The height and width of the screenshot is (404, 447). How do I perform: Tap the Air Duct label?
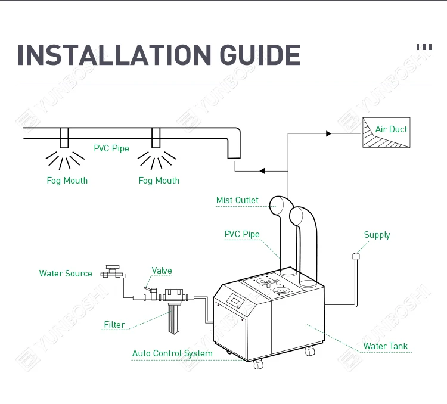point(392,129)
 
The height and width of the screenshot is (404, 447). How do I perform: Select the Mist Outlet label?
point(237,200)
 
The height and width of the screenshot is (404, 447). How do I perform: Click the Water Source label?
point(66,274)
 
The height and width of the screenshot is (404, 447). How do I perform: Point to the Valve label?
point(162,271)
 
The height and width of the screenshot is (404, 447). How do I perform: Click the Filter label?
point(114,325)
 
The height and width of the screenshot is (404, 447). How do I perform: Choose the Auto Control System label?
point(172,353)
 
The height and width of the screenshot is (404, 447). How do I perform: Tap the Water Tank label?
point(386,346)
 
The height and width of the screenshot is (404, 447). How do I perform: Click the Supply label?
point(377,235)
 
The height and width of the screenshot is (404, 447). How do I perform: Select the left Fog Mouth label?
point(67,181)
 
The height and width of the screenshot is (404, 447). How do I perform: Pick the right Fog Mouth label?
point(159,181)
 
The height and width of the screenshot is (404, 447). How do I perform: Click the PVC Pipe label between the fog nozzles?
point(111,148)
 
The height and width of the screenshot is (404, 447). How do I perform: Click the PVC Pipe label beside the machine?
point(242,234)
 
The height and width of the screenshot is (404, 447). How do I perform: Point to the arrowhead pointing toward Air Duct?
point(328,134)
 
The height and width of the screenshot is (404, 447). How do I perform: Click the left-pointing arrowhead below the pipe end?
point(261,171)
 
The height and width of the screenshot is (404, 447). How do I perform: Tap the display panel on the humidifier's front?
point(237,301)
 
